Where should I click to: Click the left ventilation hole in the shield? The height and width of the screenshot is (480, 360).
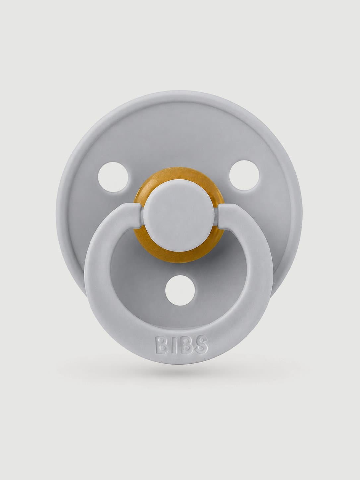[x=113, y=177]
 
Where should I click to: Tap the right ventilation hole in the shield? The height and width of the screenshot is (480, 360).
[x=244, y=176]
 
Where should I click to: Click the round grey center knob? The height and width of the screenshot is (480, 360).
[x=181, y=214]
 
